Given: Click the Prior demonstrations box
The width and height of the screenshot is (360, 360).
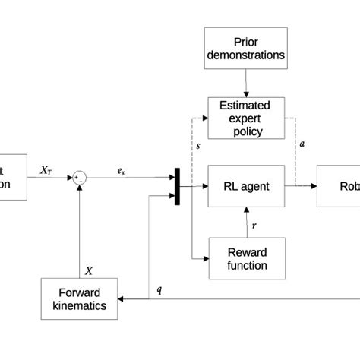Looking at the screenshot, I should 246,48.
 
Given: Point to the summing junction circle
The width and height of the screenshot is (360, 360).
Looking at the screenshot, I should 79,178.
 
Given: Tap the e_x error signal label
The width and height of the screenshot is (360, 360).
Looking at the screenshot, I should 121,172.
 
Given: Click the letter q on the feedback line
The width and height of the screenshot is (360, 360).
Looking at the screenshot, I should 159,290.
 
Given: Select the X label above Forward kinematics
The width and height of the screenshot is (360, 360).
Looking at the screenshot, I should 89,270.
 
